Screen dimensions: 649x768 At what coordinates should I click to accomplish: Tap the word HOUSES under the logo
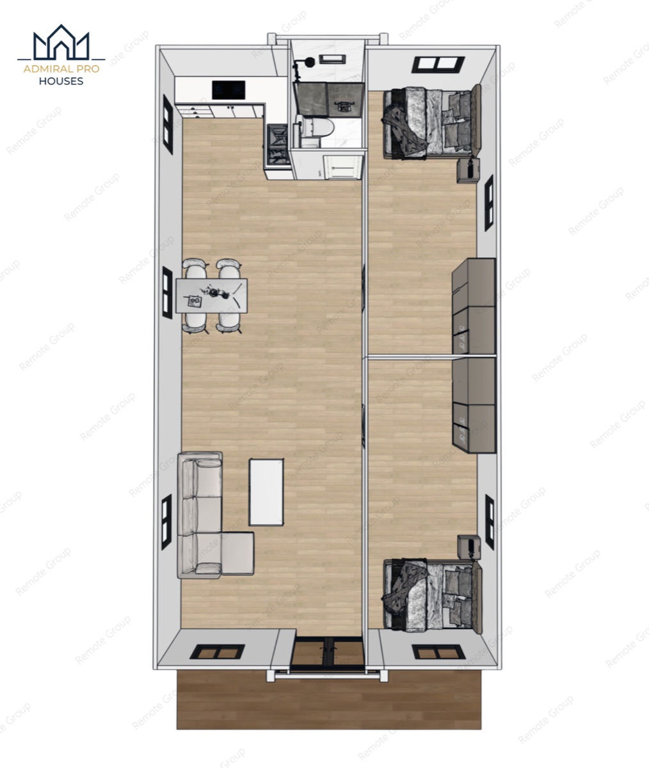61,81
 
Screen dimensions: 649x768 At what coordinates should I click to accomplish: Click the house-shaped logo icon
61,42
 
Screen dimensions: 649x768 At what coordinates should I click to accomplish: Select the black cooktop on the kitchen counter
228,90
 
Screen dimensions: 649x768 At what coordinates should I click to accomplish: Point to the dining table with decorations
212,296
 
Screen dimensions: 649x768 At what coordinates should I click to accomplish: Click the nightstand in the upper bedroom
469,170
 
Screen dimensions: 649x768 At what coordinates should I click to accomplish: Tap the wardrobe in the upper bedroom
474,307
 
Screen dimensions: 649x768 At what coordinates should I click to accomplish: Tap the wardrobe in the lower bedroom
474,405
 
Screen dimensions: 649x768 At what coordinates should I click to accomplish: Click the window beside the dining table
168,292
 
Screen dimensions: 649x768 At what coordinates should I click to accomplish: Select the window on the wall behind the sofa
166,522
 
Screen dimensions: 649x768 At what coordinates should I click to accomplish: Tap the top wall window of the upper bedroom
438,64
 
